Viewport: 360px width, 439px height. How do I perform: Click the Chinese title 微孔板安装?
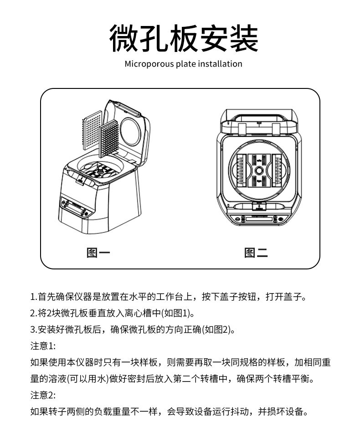coord(183,38)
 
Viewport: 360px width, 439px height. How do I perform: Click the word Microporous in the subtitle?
coord(149,64)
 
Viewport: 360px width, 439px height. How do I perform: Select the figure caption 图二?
coord(256,253)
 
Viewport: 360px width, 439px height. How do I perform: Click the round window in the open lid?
coord(130,132)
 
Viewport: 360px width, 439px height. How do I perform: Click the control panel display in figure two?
coord(259,219)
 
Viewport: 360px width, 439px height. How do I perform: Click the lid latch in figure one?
coord(81,179)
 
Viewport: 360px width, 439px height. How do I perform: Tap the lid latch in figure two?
coord(259,207)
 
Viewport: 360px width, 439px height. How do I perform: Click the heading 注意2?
coord(43,395)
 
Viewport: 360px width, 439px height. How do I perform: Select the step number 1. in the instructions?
coord(34,297)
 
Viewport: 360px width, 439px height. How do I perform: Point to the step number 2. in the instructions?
coord(34,313)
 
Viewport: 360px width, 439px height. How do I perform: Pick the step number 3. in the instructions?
coord(34,330)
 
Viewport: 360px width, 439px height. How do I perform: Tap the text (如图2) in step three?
coord(217,330)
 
